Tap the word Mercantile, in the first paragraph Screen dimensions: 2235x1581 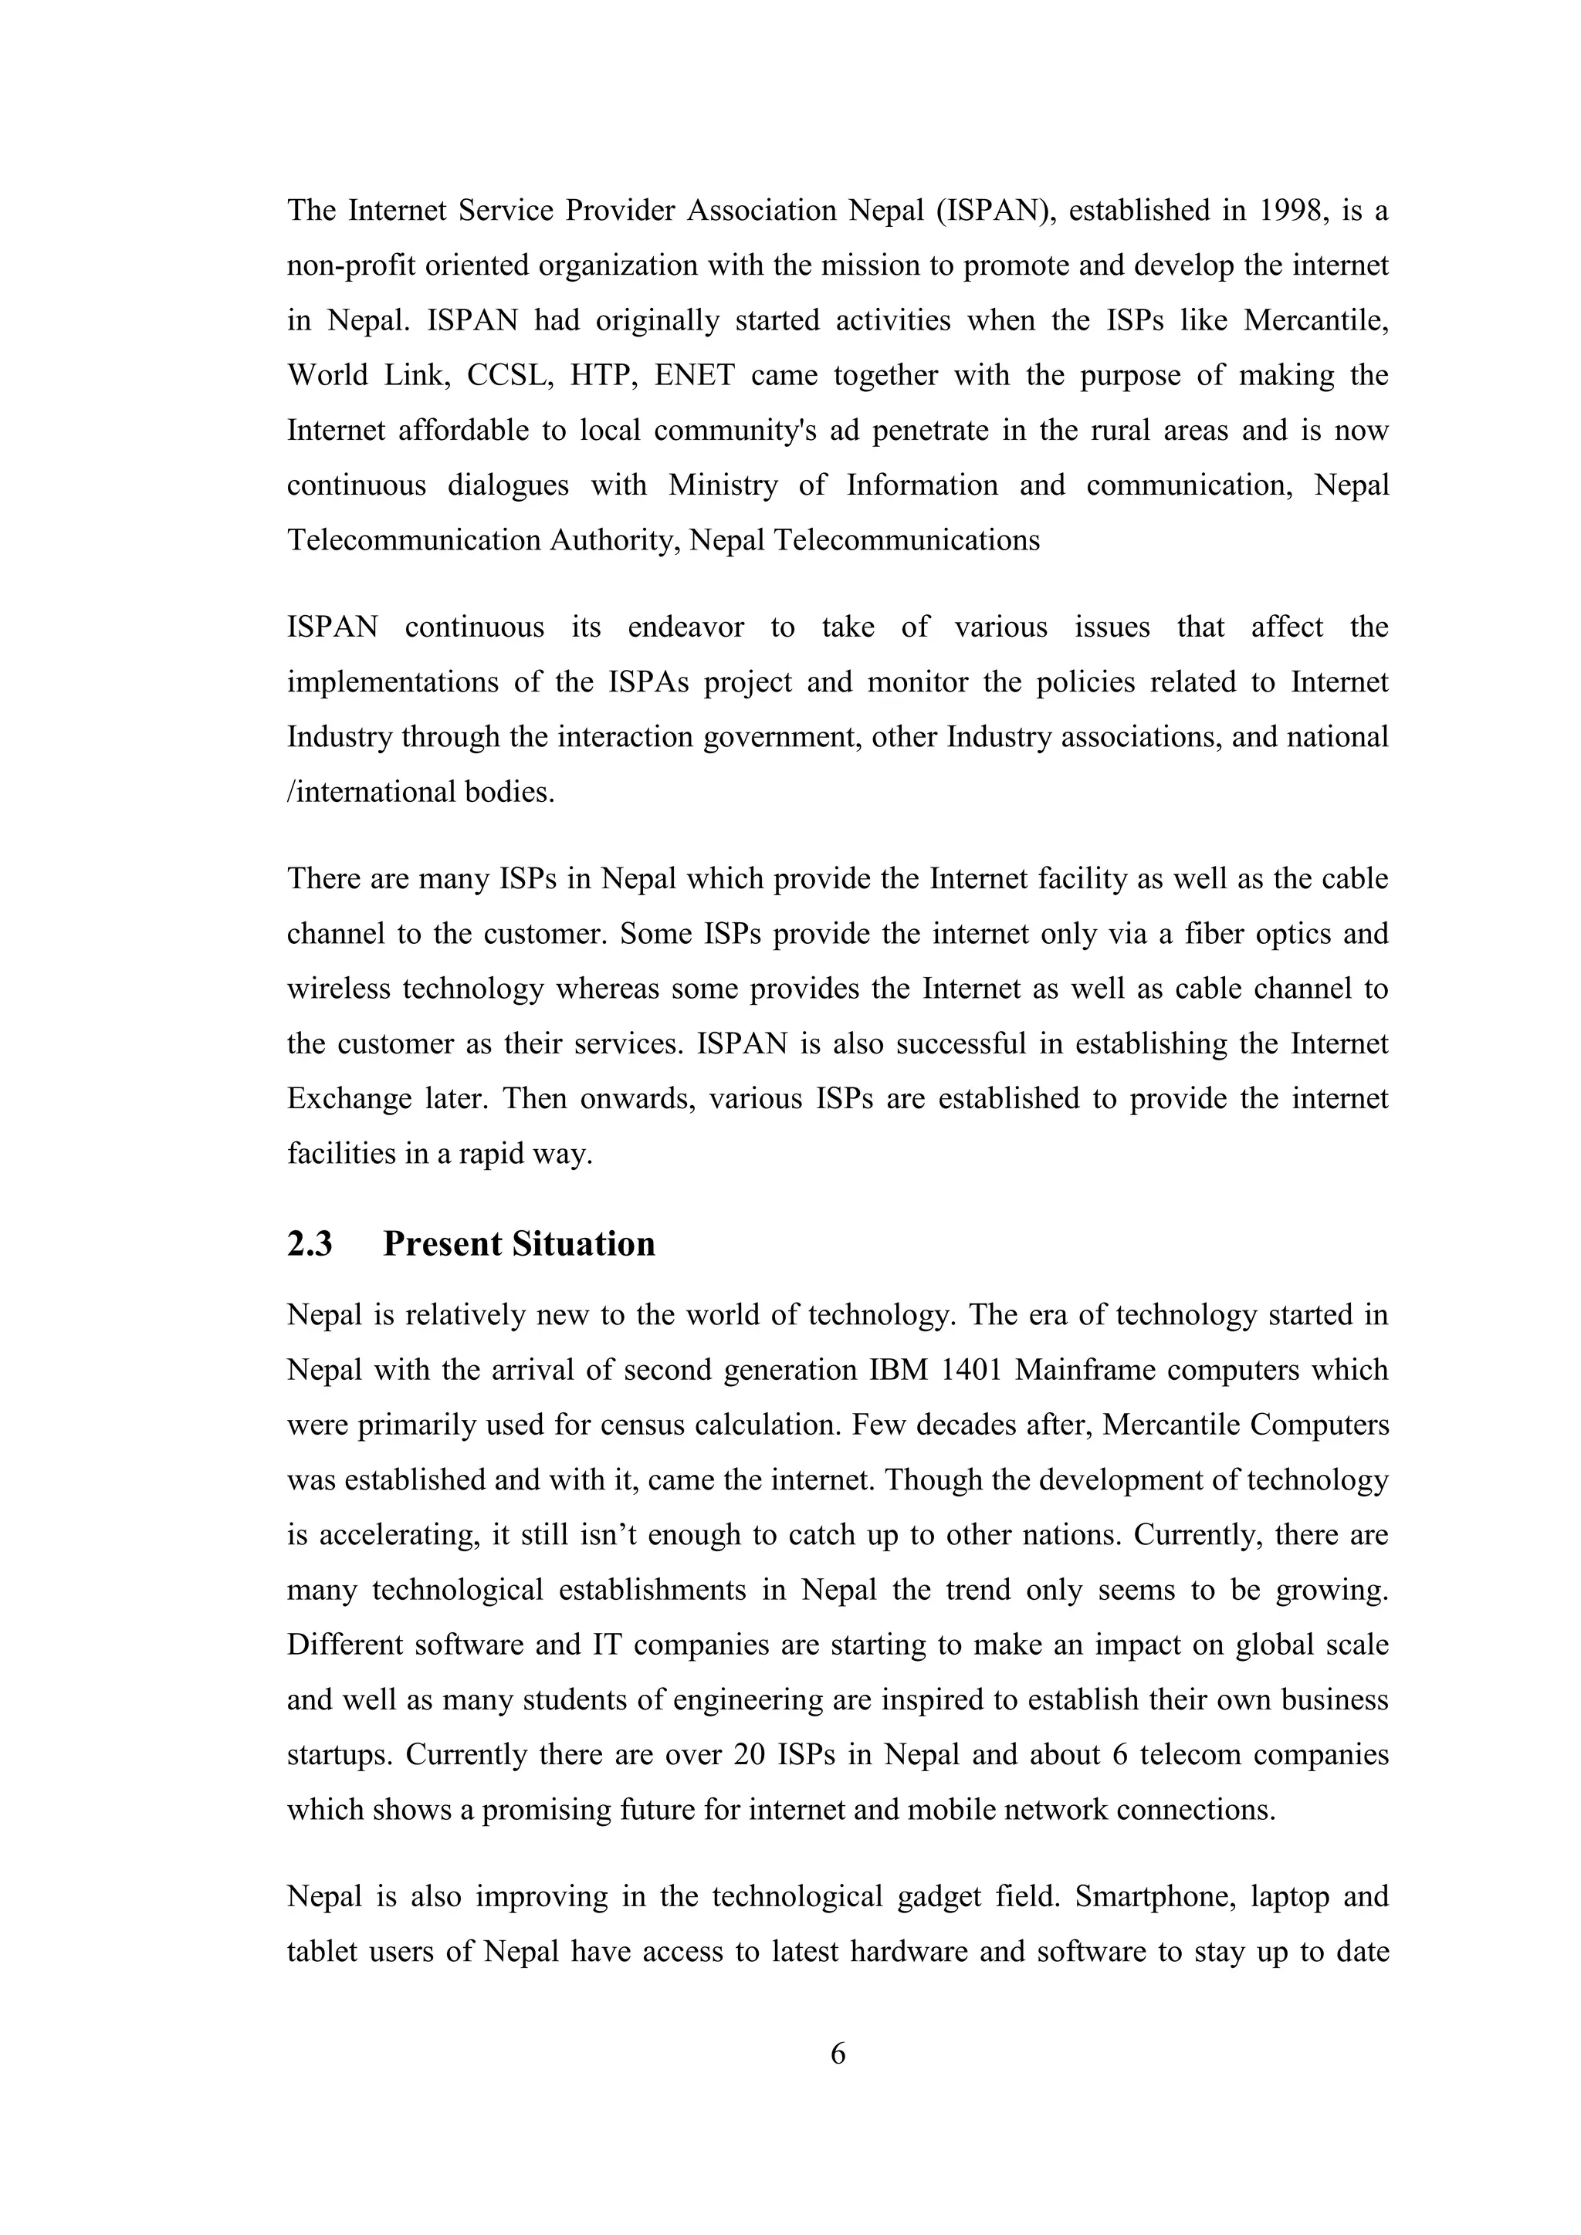point(1315,320)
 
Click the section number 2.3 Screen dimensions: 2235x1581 point(310,1244)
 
